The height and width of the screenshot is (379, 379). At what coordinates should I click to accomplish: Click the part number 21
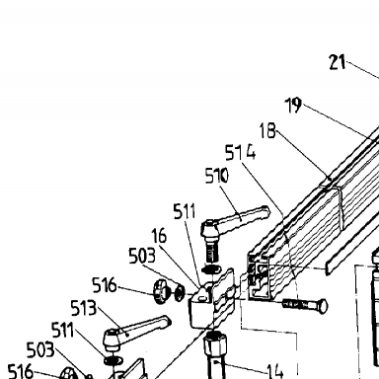[x=338, y=62]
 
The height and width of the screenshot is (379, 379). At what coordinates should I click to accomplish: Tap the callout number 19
[x=293, y=106]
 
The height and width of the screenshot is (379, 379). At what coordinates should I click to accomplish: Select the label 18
[x=267, y=130]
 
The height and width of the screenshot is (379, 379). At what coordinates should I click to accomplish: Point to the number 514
[x=240, y=153]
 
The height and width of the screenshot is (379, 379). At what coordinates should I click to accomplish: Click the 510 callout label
[x=216, y=176]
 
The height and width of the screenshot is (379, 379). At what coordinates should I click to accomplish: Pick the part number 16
[x=159, y=236]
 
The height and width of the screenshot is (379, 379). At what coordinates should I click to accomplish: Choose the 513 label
[x=84, y=308]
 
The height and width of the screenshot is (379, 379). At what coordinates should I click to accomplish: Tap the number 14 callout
[x=275, y=371]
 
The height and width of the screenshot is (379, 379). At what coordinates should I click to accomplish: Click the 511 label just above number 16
[x=185, y=211]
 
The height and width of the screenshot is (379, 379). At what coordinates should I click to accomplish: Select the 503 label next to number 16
[x=142, y=256]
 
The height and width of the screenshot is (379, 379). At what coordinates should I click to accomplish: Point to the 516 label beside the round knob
[x=105, y=285]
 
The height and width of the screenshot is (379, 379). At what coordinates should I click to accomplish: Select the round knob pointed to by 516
[x=160, y=291]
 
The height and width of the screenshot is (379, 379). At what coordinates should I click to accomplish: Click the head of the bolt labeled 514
[x=322, y=306]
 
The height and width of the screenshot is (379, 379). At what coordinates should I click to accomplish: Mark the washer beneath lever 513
[x=113, y=360]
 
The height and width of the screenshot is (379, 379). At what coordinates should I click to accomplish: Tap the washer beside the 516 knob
[x=180, y=291]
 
